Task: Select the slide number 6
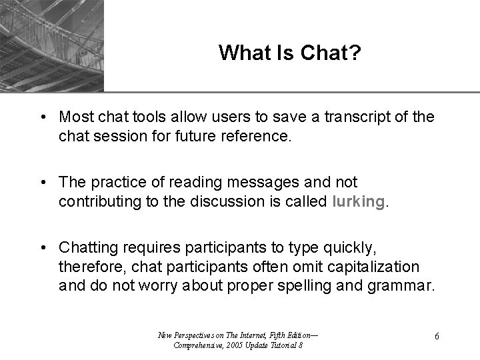point(436,336)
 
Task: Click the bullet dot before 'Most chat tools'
point(42,117)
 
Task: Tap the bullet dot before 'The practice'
point(42,182)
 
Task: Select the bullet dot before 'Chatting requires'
point(42,248)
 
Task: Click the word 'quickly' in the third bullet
point(351,248)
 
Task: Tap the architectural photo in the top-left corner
point(52,45)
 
